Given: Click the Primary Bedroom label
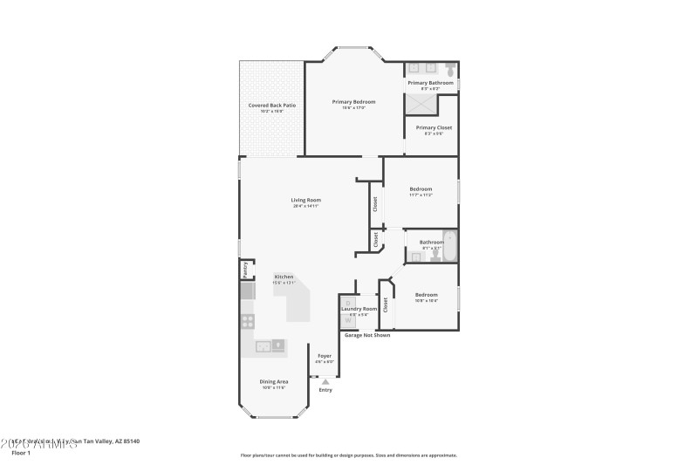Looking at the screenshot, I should tap(353, 102).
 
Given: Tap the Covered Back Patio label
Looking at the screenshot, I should tap(271, 106).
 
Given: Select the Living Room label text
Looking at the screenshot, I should tap(306, 201).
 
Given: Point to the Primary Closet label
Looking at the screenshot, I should tap(434, 128).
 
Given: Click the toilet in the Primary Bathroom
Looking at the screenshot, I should tap(449, 68).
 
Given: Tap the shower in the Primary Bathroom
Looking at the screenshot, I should tap(419, 104).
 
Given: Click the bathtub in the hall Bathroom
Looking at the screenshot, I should tap(450, 244).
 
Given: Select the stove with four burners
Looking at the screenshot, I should tap(248, 321).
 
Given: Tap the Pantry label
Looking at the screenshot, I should tap(245, 269).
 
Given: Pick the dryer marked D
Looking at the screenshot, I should tap(347, 303).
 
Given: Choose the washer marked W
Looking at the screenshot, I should tap(347, 319).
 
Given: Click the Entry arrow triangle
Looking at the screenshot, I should tap(325, 381).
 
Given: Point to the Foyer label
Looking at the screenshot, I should tap(324, 356).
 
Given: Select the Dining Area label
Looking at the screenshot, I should tap(274, 381).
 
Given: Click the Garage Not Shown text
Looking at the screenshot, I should tap(367, 335).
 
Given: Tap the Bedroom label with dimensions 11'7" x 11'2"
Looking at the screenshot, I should tap(421, 189).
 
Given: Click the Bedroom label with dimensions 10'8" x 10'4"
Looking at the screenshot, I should tap(426, 295).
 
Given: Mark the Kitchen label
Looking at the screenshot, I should tap(284, 277).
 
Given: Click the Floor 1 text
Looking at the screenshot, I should tap(20, 453).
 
